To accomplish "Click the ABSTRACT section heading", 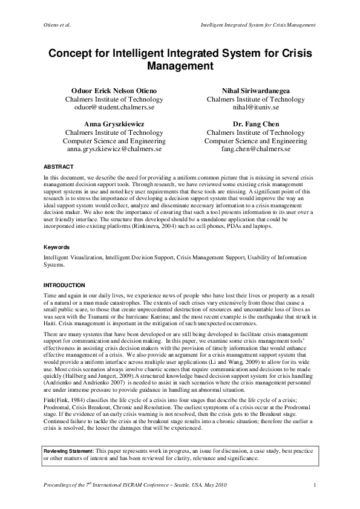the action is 59,166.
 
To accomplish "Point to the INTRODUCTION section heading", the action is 64,285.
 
